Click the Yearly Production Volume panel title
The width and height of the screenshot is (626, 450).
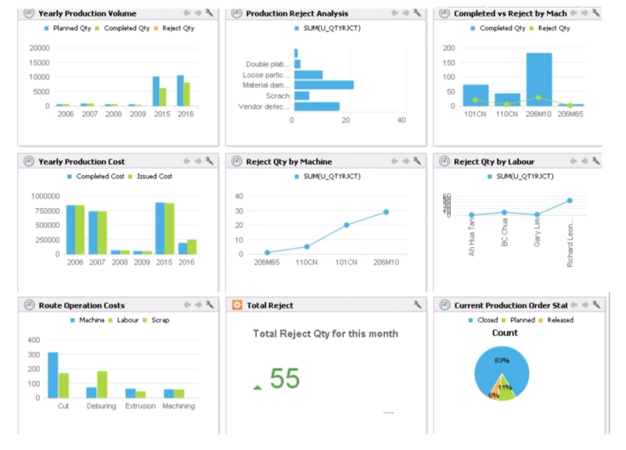(87, 13)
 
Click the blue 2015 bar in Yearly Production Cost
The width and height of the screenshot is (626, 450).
(160, 228)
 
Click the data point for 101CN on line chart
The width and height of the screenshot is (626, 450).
(346, 225)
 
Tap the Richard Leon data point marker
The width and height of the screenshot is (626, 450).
(570, 200)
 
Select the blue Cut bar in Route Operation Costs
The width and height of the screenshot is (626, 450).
(52, 375)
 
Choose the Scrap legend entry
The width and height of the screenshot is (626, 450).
(156, 320)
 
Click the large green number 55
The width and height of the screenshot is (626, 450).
(285, 379)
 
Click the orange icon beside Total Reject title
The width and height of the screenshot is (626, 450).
(236, 305)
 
